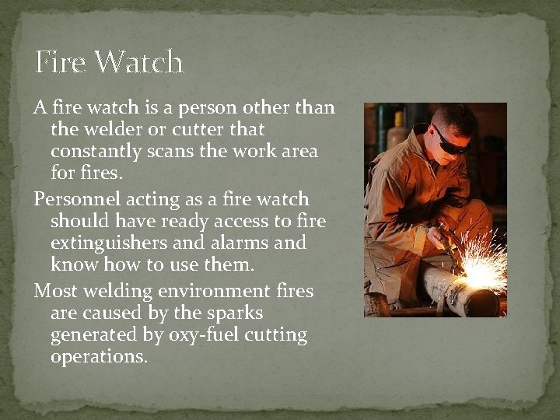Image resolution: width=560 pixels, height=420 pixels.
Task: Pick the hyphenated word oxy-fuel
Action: [204, 336]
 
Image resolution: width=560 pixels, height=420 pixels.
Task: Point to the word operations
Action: [99, 358]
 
